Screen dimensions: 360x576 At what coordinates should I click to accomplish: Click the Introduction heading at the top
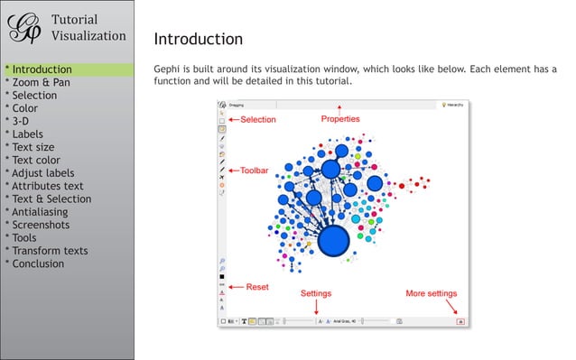coord(198,39)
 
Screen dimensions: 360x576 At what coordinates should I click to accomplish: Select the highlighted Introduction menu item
coord(39,69)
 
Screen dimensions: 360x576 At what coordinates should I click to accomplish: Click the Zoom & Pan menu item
coord(38,82)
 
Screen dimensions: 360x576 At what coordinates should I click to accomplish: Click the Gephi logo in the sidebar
coord(24,28)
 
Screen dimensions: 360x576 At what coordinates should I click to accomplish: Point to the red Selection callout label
coord(258,119)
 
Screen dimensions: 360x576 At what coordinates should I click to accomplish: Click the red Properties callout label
coord(340,119)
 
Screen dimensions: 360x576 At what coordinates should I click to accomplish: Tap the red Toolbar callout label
coord(255,170)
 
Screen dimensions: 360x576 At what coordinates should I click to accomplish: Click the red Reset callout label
coord(257,287)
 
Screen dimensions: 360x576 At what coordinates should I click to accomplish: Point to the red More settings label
coord(431,293)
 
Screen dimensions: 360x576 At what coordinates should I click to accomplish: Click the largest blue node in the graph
coord(334,242)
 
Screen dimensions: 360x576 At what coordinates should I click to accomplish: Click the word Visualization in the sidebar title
coord(88,36)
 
